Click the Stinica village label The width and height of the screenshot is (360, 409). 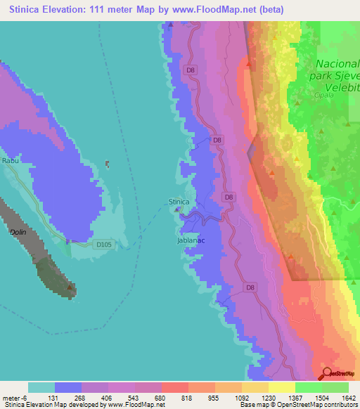coord(179,202)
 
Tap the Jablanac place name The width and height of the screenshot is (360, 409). coord(190,240)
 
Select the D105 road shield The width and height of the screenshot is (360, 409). coord(103,245)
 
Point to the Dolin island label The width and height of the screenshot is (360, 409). coord(18,231)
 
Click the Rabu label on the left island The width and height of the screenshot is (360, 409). coord(10,161)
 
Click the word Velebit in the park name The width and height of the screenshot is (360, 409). coord(345,86)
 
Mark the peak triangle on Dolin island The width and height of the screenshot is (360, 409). coord(70,287)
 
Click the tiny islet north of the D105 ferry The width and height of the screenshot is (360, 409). coord(108,164)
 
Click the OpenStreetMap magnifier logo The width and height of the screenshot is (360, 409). coord(327,375)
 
